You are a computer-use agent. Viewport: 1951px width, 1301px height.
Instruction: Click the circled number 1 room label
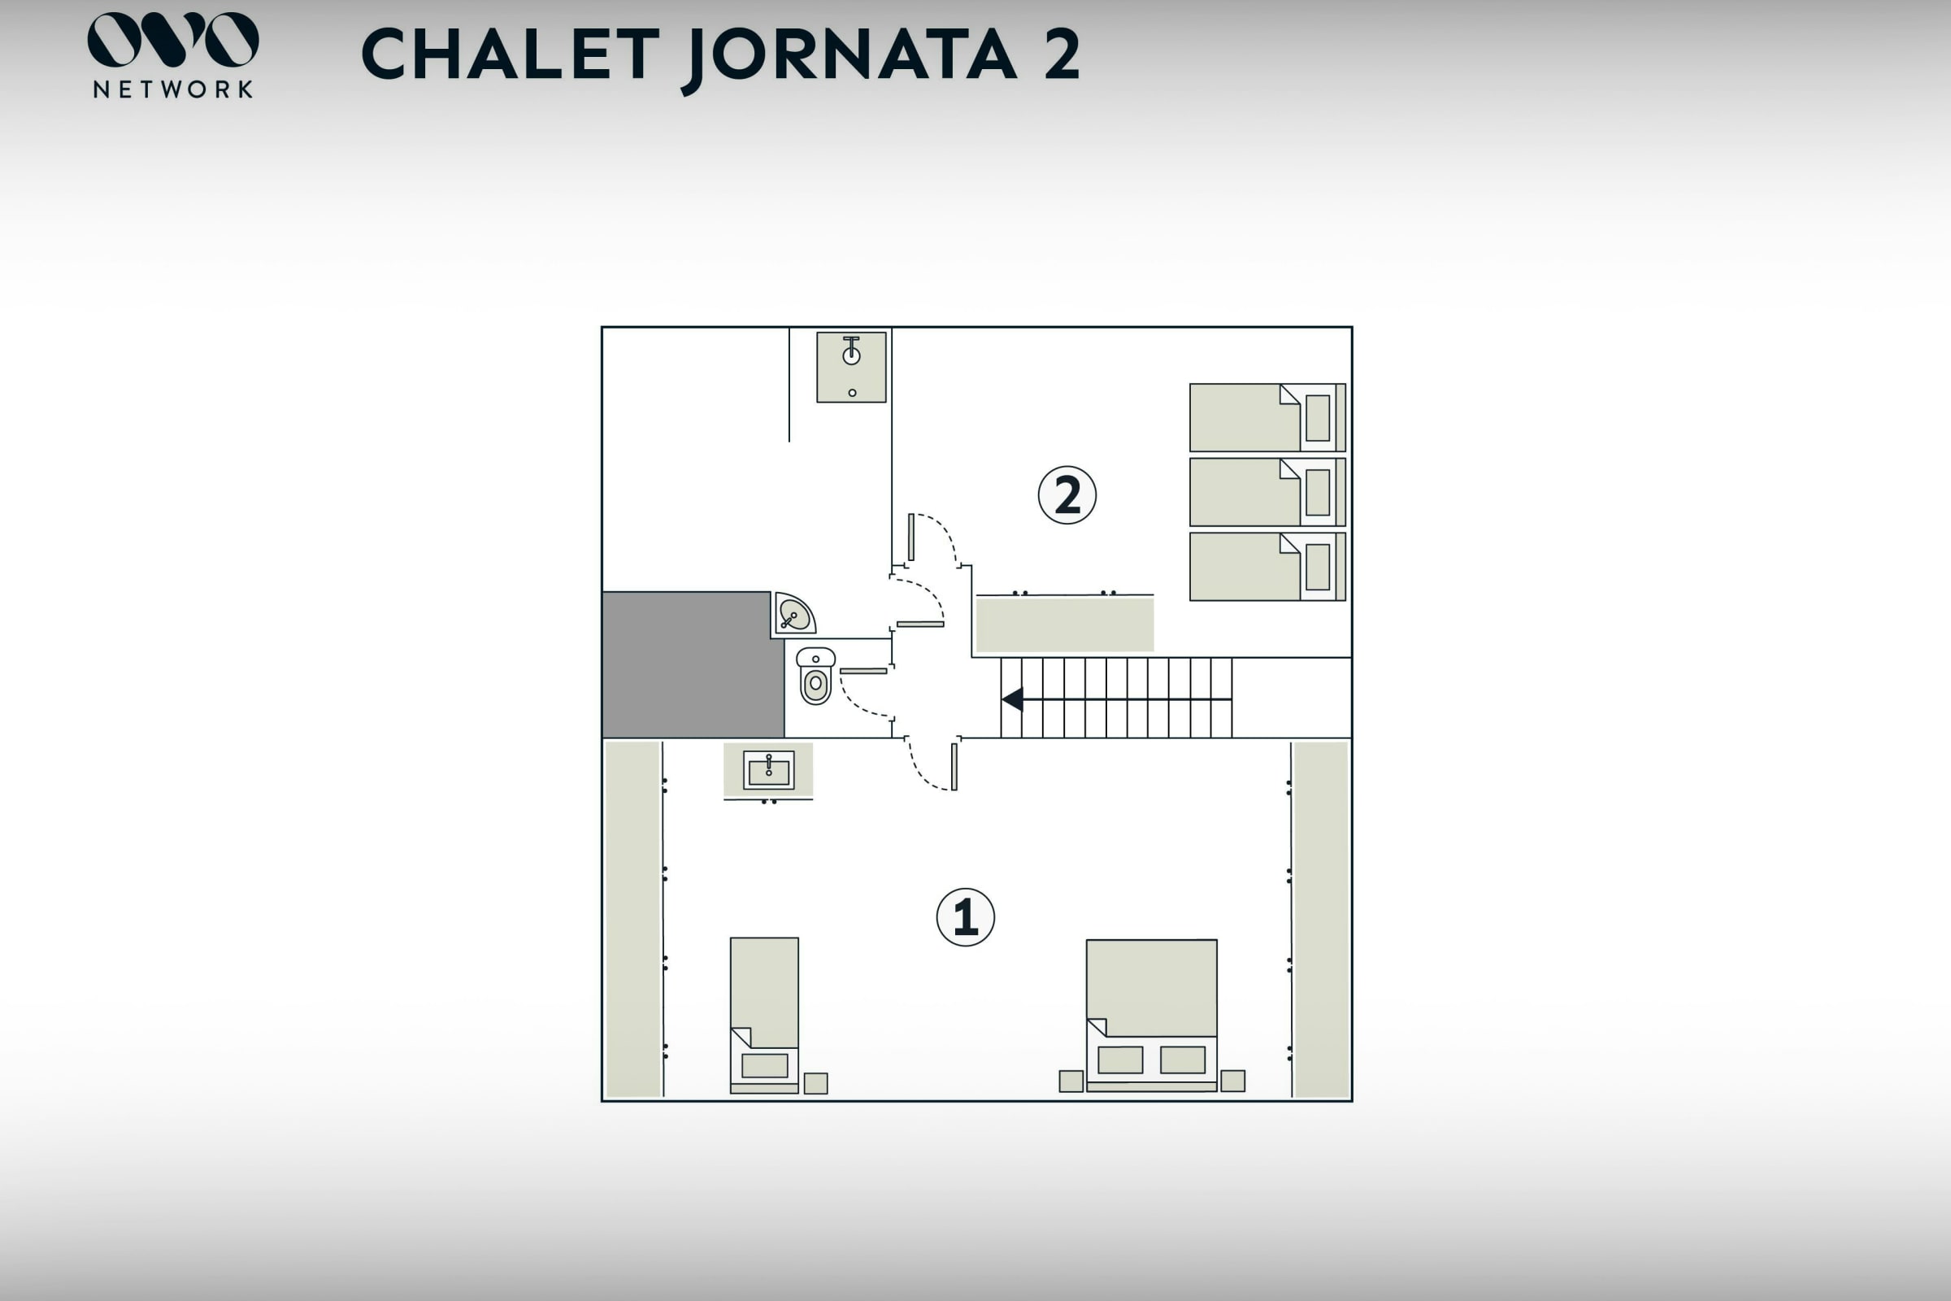click(x=966, y=917)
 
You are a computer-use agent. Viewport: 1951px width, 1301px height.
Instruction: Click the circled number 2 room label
click(x=1067, y=495)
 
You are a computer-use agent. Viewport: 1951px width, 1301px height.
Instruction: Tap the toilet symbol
click(x=815, y=677)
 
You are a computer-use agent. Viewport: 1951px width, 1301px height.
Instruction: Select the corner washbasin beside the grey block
click(x=793, y=614)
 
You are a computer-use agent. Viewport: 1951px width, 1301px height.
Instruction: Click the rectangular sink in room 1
click(x=768, y=771)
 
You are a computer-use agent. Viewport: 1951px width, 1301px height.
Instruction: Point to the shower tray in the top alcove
click(x=851, y=368)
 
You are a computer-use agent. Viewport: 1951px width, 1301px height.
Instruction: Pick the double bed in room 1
click(x=1151, y=1016)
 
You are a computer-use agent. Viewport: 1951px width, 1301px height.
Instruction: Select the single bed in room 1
click(x=764, y=1016)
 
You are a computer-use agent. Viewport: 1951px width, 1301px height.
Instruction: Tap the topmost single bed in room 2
click(x=1267, y=417)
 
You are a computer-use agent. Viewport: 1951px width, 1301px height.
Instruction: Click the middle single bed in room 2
click(x=1267, y=492)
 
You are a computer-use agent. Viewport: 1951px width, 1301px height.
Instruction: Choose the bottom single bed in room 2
click(x=1267, y=567)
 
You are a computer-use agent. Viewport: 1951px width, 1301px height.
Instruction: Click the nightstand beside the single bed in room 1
click(x=816, y=1084)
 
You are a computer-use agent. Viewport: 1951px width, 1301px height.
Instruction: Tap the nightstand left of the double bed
click(x=1071, y=1081)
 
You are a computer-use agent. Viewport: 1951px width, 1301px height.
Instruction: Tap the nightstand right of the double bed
click(x=1232, y=1081)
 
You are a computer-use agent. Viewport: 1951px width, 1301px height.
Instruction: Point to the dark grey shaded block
click(x=693, y=664)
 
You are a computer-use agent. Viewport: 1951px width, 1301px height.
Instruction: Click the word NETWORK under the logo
click(x=173, y=89)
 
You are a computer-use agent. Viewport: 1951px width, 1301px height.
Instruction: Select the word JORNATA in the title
click(x=853, y=54)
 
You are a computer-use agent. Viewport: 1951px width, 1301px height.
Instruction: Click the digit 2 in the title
click(x=1062, y=54)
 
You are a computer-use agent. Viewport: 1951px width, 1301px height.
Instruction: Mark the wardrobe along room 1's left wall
click(x=633, y=920)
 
